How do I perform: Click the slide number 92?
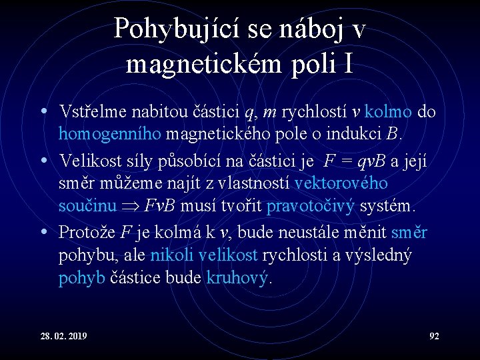pos(433,336)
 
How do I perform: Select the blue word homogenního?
pos(110,134)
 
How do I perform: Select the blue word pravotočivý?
pos(310,206)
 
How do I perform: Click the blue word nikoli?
pos(173,255)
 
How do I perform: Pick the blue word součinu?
pos(87,206)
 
